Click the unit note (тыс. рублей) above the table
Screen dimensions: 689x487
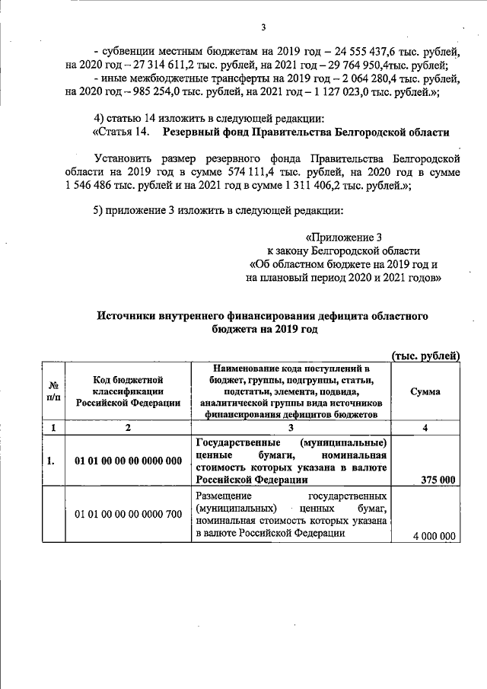[x=425, y=354]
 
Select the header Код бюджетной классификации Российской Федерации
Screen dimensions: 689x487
[x=129, y=391]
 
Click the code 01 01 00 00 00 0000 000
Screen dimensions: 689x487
[x=129, y=461]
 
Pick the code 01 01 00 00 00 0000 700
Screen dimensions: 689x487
[x=129, y=514]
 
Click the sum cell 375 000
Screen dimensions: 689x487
[x=438, y=480]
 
